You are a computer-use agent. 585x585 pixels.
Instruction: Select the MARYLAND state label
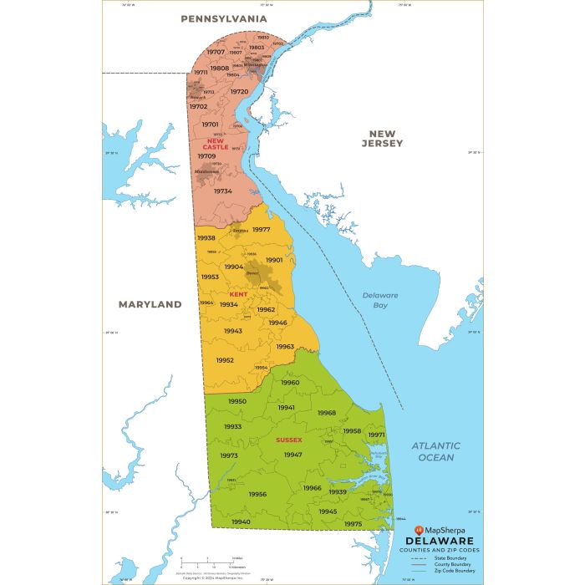pyautogui.click(x=150, y=304)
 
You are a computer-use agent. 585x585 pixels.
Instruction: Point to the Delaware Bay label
pyautogui.click(x=380, y=300)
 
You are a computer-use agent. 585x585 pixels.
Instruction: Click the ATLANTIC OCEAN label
pyautogui.click(x=435, y=451)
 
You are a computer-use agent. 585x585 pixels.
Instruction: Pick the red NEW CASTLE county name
pyautogui.click(x=216, y=144)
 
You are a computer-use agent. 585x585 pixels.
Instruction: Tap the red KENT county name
pyautogui.click(x=238, y=294)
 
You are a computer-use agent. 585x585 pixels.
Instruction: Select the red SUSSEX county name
pyautogui.click(x=288, y=439)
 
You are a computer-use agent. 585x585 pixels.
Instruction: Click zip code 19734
pyautogui.click(x=222, y=191)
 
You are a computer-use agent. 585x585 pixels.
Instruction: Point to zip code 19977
pyautogui.click(x=262, y=229)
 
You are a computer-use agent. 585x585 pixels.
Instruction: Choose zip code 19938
pyautogui.click(x=206, y=237)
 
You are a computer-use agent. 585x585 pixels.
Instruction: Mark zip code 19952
pyautogui.click(x=225, y=360)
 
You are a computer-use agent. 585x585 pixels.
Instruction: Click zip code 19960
pyautogui.click(x=290, y=382)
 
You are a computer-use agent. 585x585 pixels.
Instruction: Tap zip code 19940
pyautogui.click(x=241, y=521)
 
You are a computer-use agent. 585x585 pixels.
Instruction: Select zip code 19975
pyautogui.click(x=353, y=523)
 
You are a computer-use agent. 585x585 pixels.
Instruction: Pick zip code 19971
pyautogui.click(x=377, y=435)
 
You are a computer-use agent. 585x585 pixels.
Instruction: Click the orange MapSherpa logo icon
pyautogui.click(x=420, y=530)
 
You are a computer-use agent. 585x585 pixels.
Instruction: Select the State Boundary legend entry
pyautogui.click(x=455, y=558)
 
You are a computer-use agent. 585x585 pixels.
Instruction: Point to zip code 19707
pyautogui.click(x=216, y=52)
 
